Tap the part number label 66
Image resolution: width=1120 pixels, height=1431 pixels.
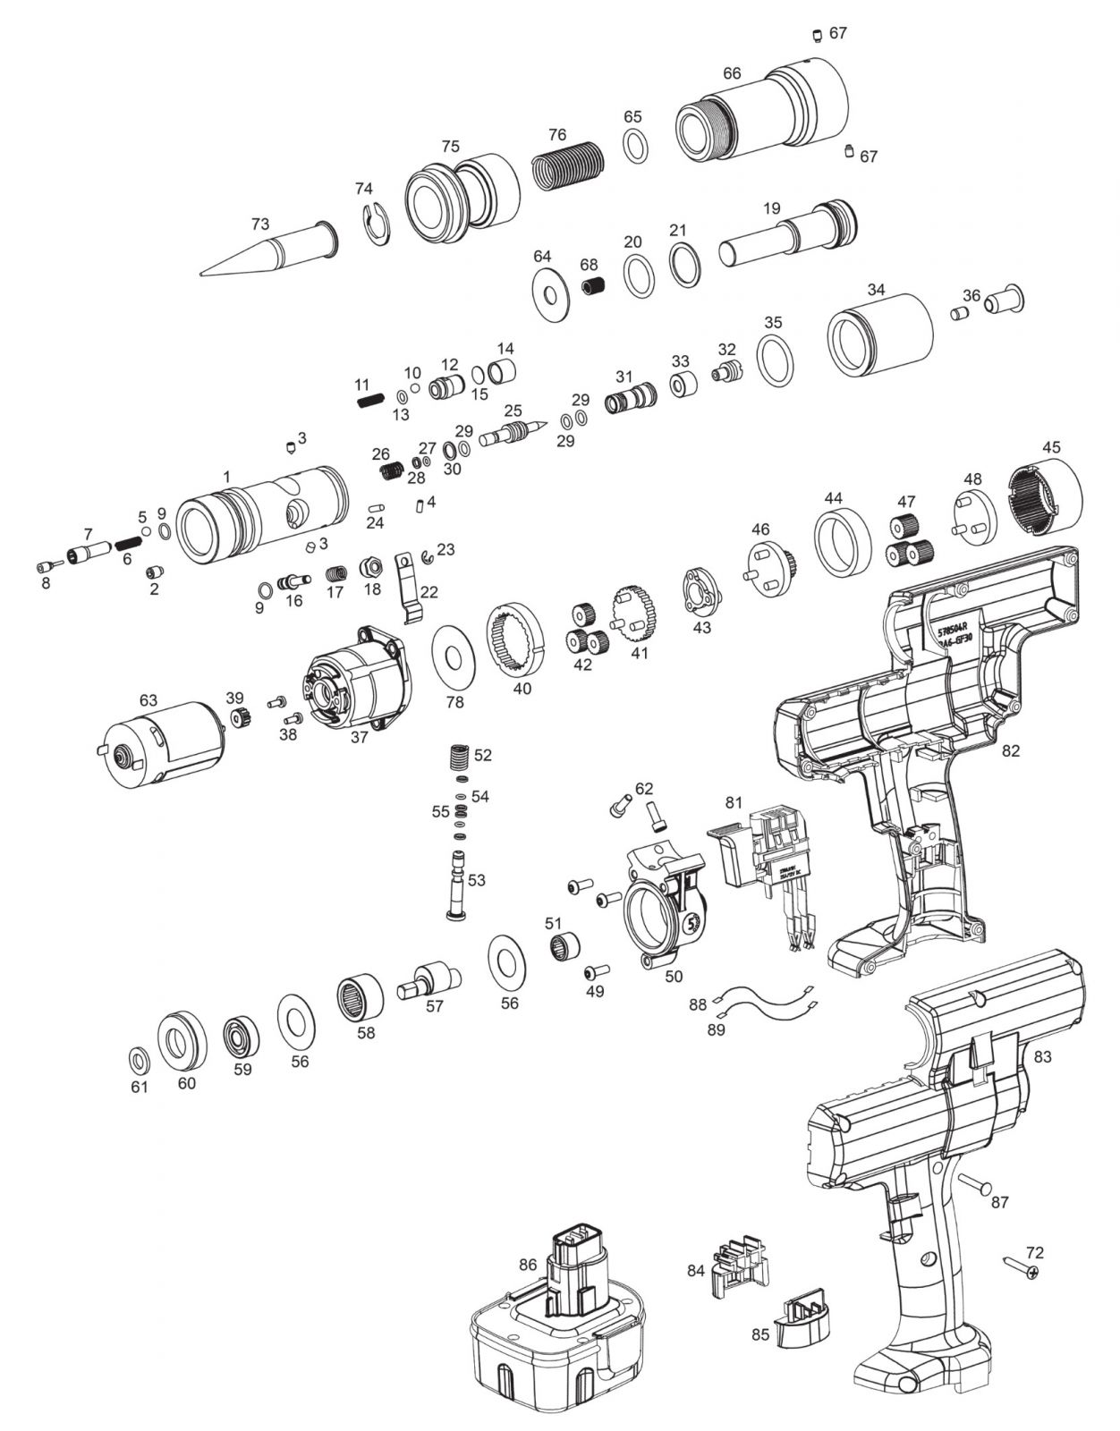tap(732, 73)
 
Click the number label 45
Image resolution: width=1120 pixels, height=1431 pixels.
tap(1051, 447)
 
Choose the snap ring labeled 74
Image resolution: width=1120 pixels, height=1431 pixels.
tap(378, 224)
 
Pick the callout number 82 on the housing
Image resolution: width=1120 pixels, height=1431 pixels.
tap(1010, 751)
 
